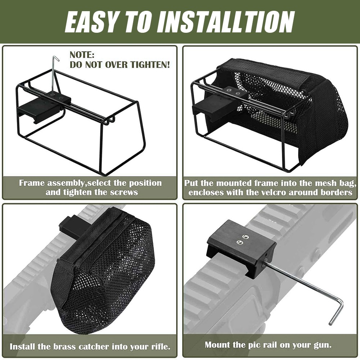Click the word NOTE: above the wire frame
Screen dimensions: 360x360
[x=82, y=55]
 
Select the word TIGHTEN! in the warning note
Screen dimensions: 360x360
[x=150, y=64]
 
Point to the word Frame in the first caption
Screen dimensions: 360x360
[x=32, y=183]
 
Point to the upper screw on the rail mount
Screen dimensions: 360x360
[x=245, y=237]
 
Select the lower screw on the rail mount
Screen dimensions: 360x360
[x=240, y=242]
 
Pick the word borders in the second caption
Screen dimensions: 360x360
[x=336, y=192]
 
